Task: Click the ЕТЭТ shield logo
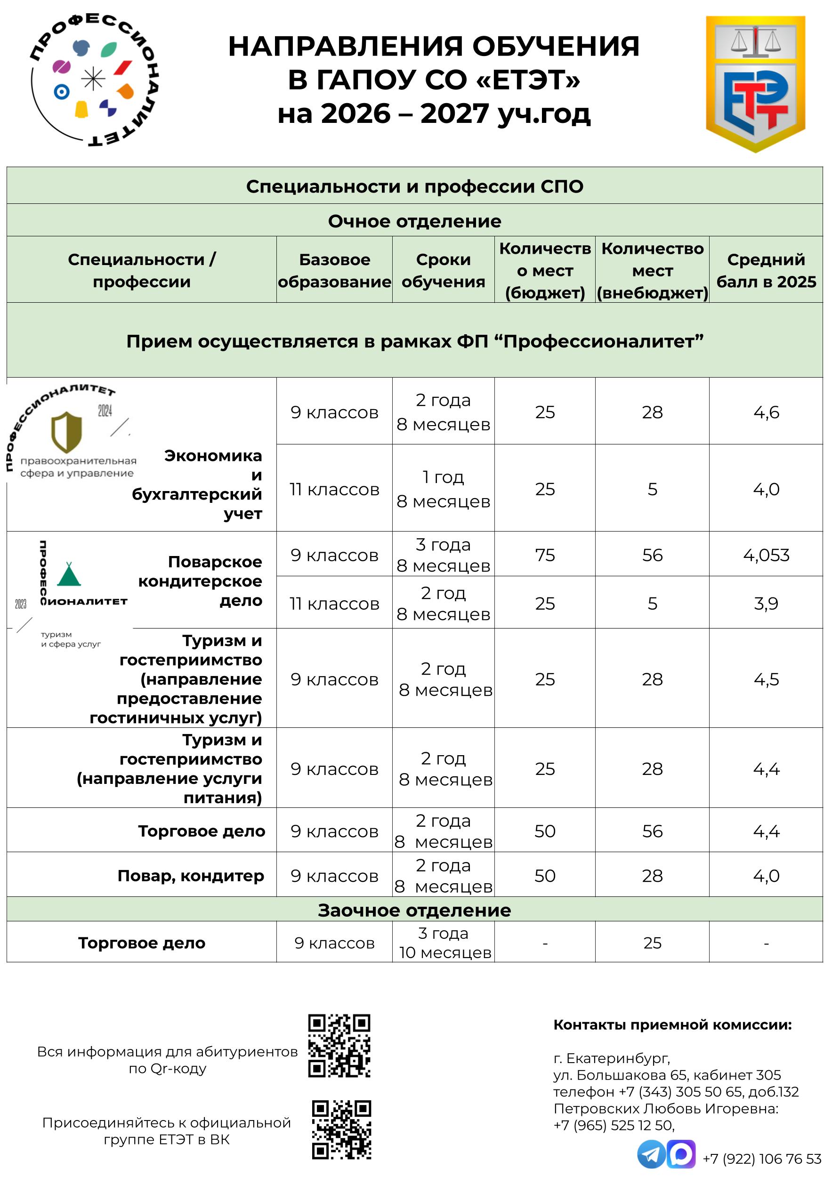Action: click(755, 83)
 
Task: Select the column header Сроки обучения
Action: click(443, 270)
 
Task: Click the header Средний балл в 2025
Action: click(766, 270)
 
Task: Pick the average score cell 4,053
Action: click(766, 555)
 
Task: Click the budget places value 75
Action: click(544, 555)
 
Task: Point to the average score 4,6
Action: click(766, 412)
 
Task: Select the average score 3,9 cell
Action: click(766, 604)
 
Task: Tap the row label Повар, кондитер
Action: click(191, 876)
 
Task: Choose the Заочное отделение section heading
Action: click(414, 910)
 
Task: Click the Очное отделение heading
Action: click(414, 221)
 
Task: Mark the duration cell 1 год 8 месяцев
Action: click(443, 489)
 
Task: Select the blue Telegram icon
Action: click(651, 1154)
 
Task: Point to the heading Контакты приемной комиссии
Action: click(672, 1025)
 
